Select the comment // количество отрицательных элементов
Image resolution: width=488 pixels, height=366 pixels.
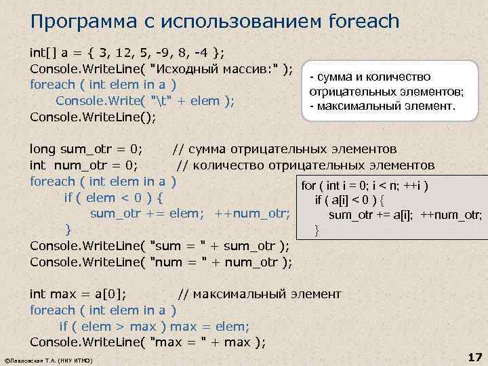(306, 165)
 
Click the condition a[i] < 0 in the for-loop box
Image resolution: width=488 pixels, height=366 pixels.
(355, 201)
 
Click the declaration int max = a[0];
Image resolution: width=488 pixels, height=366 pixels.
(82, 294)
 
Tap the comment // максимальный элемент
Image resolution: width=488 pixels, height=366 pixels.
(260, 294)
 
